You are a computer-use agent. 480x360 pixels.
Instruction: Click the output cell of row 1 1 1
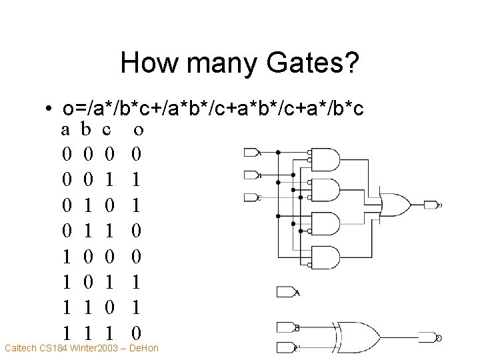(137, 332)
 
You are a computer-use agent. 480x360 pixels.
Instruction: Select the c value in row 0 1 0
(109, 204)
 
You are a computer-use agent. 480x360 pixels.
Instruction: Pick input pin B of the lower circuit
(287, 327)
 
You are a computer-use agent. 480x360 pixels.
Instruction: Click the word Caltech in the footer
(22, 348)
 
